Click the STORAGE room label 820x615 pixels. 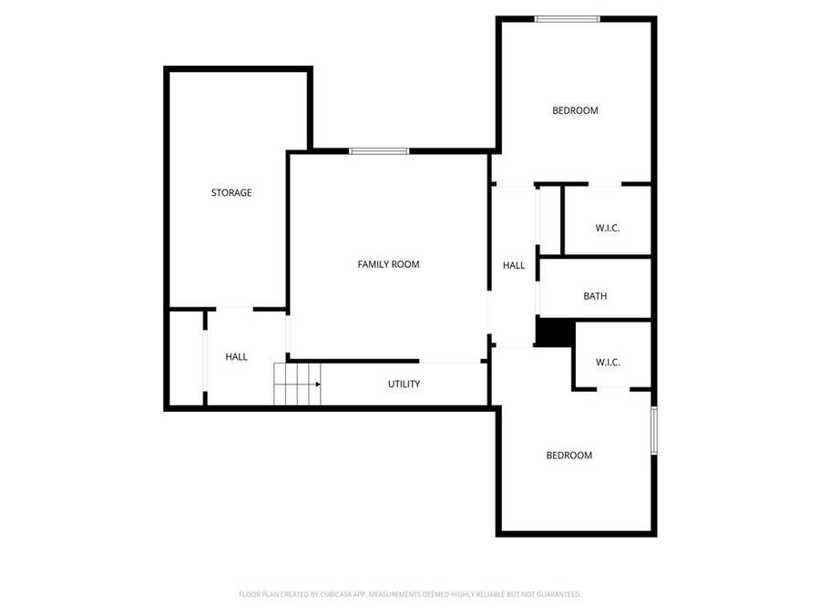click(231, 193)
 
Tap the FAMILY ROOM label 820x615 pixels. click(388, 264)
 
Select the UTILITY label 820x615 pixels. click(404, 384)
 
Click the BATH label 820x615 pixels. click(595, 296)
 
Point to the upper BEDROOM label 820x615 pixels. click(575, 111)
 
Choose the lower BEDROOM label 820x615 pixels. click(569, 456)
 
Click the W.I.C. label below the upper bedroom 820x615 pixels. click(607, 228)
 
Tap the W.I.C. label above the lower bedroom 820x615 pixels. click(608, 362)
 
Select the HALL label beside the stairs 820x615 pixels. click(236, 357)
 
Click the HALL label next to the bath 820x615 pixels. click(514, 265)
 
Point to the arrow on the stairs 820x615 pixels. click(315, 384)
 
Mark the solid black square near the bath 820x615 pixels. click(551, 332)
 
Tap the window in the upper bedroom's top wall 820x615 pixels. click(567, 18)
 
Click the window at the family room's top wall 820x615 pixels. click(378, 151)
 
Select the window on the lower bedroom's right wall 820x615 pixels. click(653, 430)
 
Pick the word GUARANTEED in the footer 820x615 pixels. click(555, 594)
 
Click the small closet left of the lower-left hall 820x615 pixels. click(186, 357)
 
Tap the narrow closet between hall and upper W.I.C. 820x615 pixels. click(549, 219)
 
